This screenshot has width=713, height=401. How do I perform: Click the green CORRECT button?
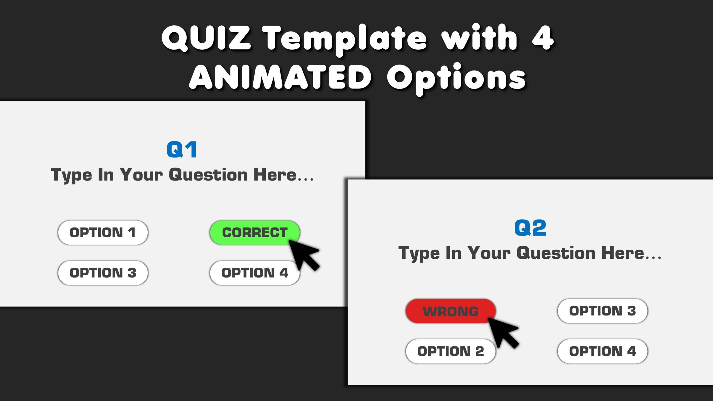pos(255,233)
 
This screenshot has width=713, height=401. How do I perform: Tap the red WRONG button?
pos(451,311)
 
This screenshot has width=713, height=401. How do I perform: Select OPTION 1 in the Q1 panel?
pos(103,233)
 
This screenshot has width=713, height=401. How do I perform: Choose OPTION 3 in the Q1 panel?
pos(103,273)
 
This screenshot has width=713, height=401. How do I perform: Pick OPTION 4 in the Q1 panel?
pos(255,273)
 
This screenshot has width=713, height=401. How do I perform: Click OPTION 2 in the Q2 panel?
pos(451,351)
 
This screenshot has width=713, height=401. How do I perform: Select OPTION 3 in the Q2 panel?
pos(602,311)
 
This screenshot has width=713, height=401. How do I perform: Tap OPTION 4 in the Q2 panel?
pos(602,351)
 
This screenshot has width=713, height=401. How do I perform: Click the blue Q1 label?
pos(182,150)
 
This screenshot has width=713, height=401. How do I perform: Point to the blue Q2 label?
pos(530,228)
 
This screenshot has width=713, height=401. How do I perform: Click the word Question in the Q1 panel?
pos(208,175)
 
